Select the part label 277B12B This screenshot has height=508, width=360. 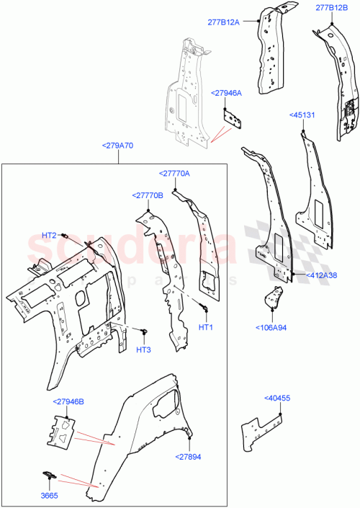pyautogui.click(x=330, y=9)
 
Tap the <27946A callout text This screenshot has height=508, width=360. pyautogui.click(x=226, y=93)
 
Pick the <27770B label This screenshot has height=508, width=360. pyautogui.click(x=148, y=195)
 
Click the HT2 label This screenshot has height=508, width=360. pyautogui.click(x=49, y=236)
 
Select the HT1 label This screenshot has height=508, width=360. pyautogui.click(x=206, y=327)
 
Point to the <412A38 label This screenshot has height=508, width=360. pyautogui.click(x=322, y=275)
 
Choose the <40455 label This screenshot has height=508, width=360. pyautogui.click(x=277, y=398)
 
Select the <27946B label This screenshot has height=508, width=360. pyautogui.click(x=68, y=401)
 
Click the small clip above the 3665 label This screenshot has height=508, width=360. pyautogui.click(x=48, y=474)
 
